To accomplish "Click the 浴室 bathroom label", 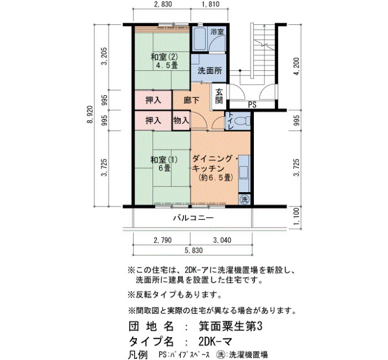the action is (217, 32).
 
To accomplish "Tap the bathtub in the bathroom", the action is (199, 39).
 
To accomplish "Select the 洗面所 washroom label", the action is (210, 71).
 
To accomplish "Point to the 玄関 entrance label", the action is (219, 96).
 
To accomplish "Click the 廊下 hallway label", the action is (192, 100).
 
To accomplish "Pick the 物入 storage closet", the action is (181, 121).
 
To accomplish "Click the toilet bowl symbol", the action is (241, 121).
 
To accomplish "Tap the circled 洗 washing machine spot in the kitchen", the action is (244, 199).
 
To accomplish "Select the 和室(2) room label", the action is (164, 58).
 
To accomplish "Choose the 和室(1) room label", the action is (164, 160).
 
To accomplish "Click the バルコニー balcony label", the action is (193, 218).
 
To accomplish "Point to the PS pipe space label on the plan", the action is (252, 105).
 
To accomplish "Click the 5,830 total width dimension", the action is (193, 251).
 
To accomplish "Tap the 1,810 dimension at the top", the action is (210, 4).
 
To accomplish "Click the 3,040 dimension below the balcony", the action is (222, 240).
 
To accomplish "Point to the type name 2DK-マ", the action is (215, 342).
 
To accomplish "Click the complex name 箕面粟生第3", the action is (230, 327).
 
